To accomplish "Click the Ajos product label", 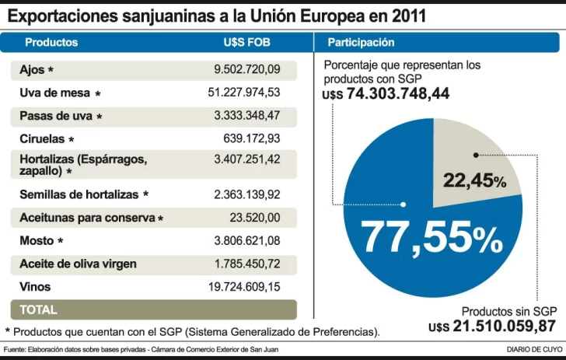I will (x=33, y=70).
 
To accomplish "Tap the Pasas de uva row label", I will (x=56, y=116).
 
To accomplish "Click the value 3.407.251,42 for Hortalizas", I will (x=246, y=159).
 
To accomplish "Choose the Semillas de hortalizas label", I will (x=79, y=194).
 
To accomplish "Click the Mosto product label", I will (x=37, y=240).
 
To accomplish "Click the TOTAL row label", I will (x=38, y=309).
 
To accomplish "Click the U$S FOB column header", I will (x=246, y=43).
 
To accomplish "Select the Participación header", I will (x=361, y=43).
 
